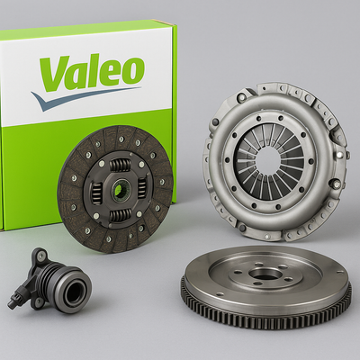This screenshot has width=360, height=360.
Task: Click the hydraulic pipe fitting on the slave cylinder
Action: [x=15, y=298]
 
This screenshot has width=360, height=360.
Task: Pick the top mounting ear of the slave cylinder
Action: [x=40, y=256]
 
